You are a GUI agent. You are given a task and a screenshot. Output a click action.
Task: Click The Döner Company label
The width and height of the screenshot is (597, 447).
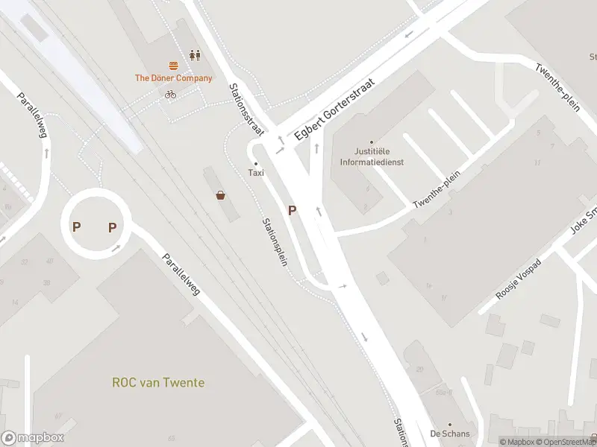[x=173, y=78]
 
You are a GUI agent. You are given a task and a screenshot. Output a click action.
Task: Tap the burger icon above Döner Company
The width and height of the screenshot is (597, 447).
[x=173, y=66]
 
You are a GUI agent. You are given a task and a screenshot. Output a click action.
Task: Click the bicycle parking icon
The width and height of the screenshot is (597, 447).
[x=170, y=94]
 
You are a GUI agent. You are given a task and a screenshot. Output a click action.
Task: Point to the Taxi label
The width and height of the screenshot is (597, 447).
[x=256, y=173]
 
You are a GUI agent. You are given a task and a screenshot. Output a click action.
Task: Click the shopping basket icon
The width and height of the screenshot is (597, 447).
[x=222, y=196]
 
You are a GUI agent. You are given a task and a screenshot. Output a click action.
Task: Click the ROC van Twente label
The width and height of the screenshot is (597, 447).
[x=158, y=383]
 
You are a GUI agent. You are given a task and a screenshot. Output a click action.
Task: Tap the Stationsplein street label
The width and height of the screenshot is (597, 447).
[x=276, y=244]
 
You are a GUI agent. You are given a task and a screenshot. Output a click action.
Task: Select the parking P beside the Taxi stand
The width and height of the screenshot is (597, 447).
[x=292, y=211]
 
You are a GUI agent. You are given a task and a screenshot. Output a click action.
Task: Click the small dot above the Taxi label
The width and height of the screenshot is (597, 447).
[x=256, y=163]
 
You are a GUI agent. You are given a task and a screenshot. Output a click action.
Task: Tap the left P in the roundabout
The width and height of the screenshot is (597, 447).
[x=77, y=226]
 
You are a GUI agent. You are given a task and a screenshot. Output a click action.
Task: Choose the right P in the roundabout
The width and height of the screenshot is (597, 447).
[x=113, y=227]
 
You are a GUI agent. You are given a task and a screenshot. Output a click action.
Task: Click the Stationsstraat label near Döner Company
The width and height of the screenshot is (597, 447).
[x=246, y=109]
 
